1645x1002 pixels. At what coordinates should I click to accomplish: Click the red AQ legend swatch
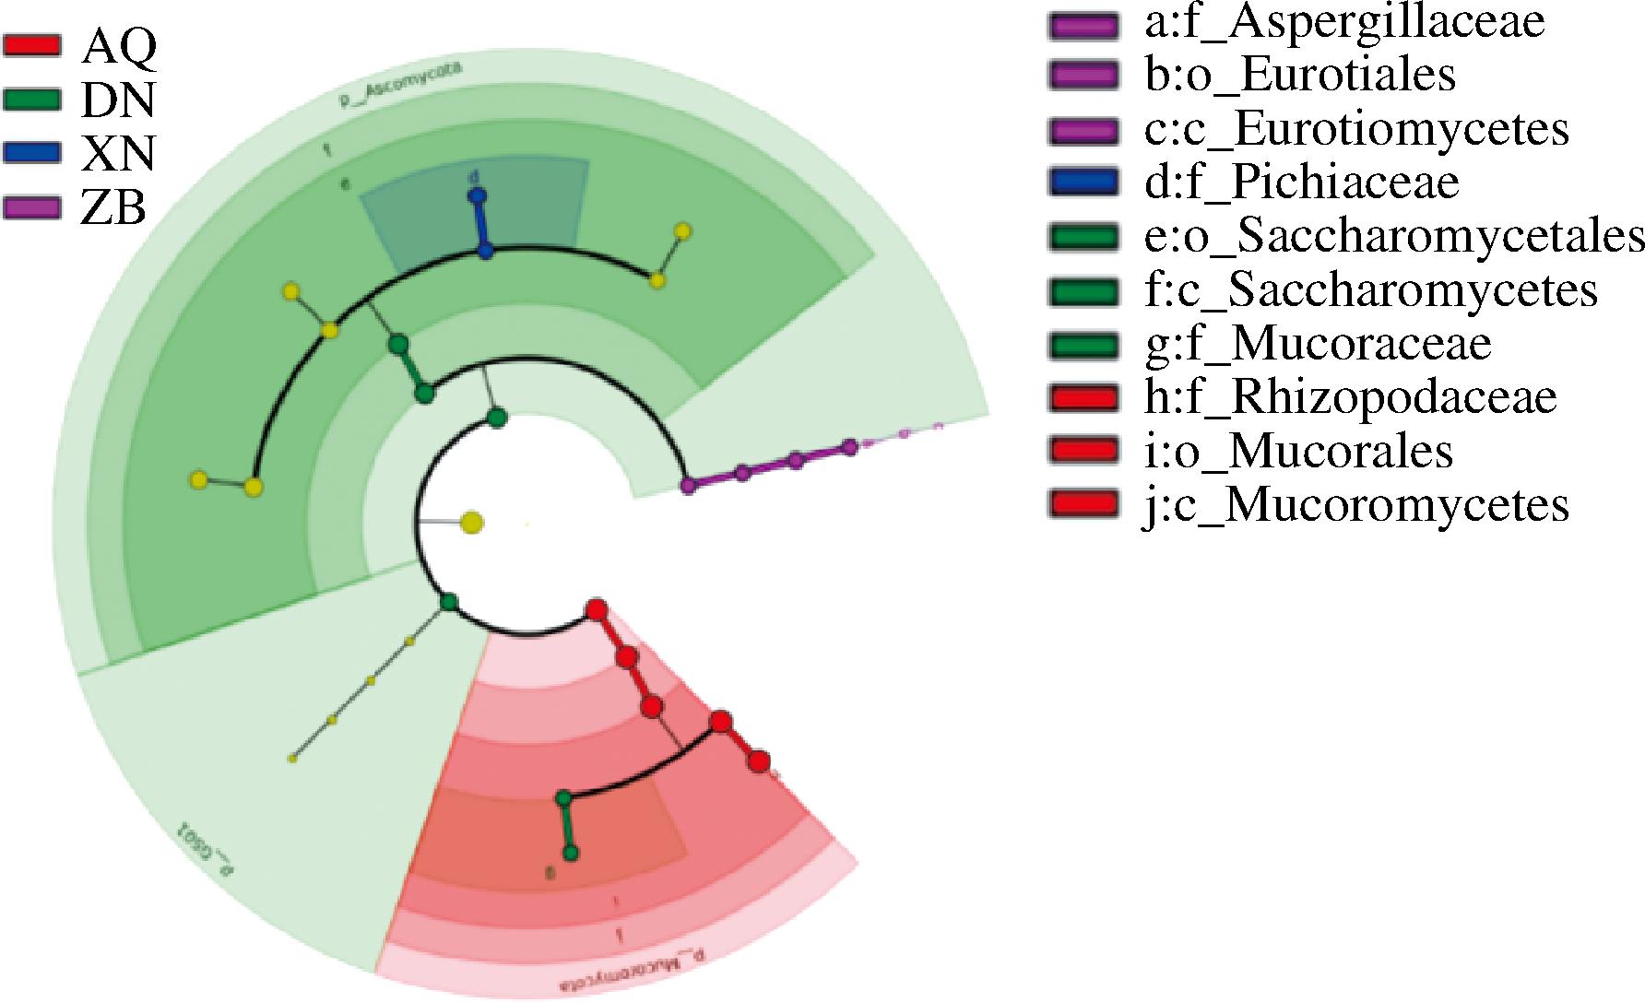click(32, 43)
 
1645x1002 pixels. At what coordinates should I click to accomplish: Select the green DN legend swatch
click(32, 98)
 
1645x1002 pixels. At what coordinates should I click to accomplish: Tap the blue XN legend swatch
click(32, 152)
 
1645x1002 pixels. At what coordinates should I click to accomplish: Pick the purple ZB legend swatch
click(32, 207)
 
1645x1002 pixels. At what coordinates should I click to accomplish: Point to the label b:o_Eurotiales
click(1299, 75)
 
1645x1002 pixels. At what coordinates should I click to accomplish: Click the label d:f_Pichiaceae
click(1301, 182)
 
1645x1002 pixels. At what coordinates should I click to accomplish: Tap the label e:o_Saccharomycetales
click(1393, 236)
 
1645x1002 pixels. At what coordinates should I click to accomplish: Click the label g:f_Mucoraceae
click(1317, 343)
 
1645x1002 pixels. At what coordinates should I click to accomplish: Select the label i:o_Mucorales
click(1297, 451)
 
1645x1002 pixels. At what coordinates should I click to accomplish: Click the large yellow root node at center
click(471, 523)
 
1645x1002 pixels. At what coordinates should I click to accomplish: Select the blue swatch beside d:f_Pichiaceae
click(1083, 182)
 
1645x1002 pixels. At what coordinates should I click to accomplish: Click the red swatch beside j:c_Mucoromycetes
click(1083, 504)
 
